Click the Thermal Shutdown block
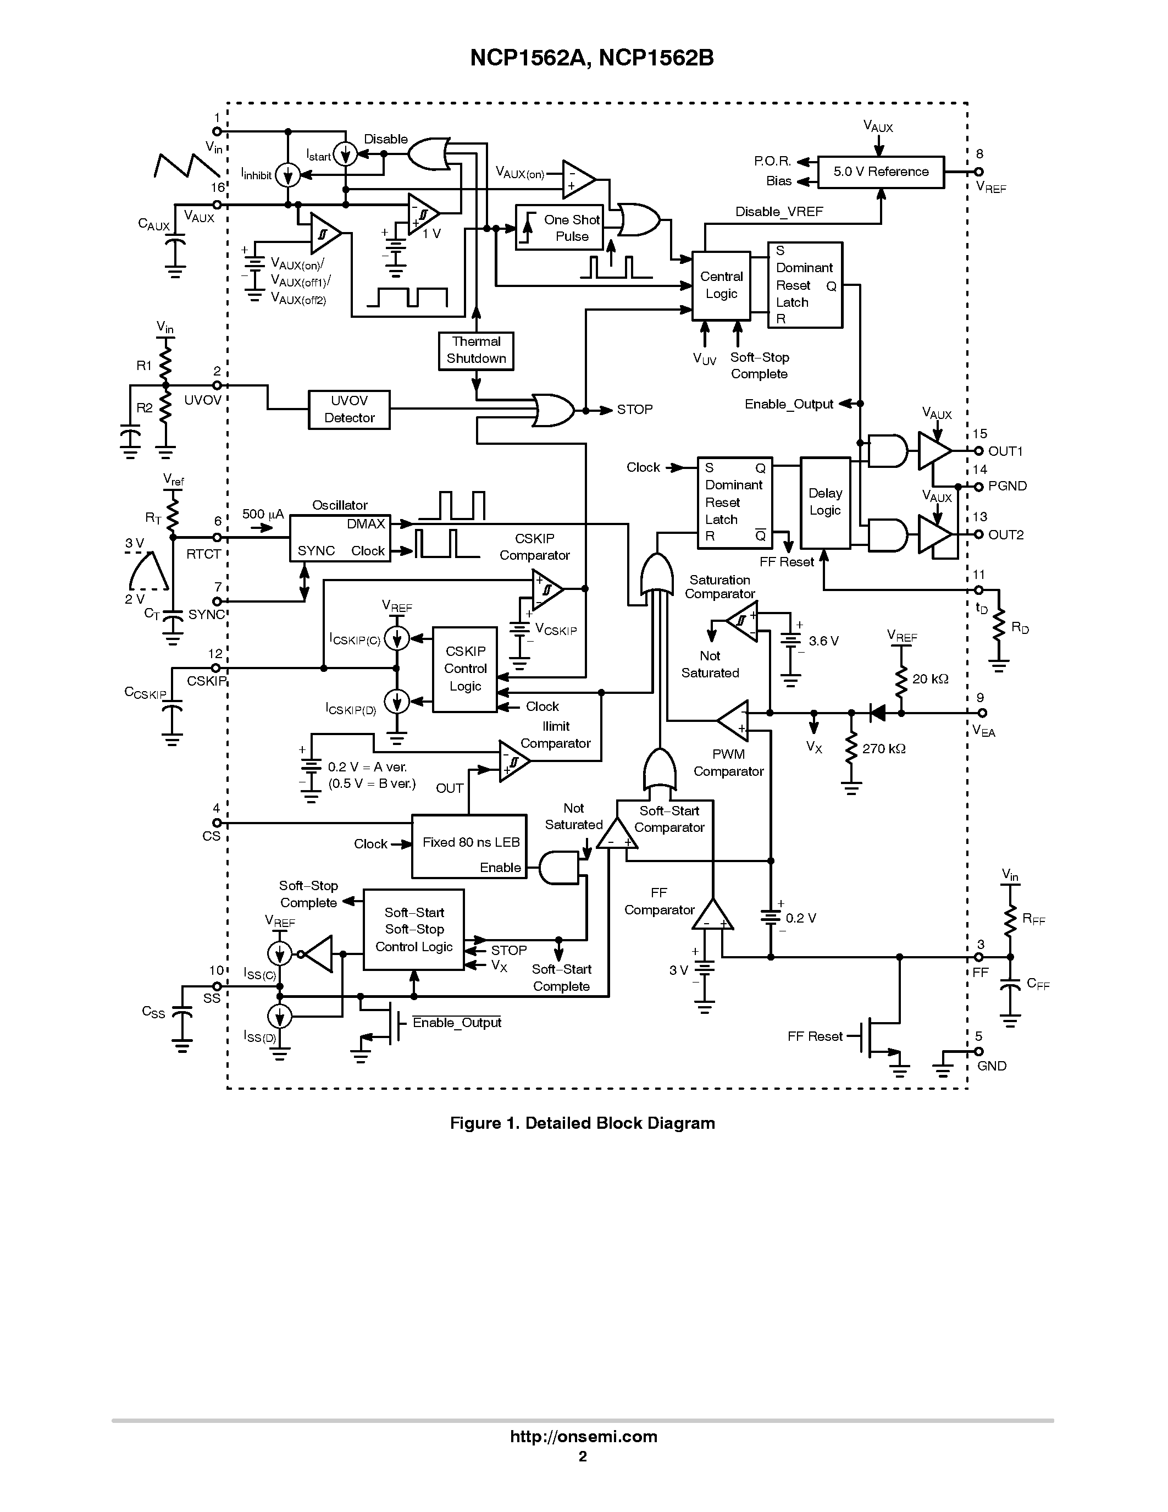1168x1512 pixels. tap(475, 350)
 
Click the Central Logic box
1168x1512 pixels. tap(721, 285)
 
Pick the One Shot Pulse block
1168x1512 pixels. tap(559, 228)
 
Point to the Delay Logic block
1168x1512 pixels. tap(825, 503)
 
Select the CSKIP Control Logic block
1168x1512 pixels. tap(465, 669)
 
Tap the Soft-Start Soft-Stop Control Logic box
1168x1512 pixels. tap(414, 930)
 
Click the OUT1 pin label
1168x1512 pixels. tap(1005, 451)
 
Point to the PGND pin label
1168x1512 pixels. tap(1007, 486)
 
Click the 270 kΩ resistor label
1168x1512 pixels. tap(884, 749)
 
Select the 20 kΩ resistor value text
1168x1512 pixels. tap(929, 679)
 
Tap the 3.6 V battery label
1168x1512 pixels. tap(823, 641)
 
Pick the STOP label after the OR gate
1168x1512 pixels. tap(634, 410)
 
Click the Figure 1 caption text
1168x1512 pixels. tap(582, 1123)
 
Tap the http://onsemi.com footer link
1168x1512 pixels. tap(583, 1437)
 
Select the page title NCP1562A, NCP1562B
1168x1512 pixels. tap(591, 58)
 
